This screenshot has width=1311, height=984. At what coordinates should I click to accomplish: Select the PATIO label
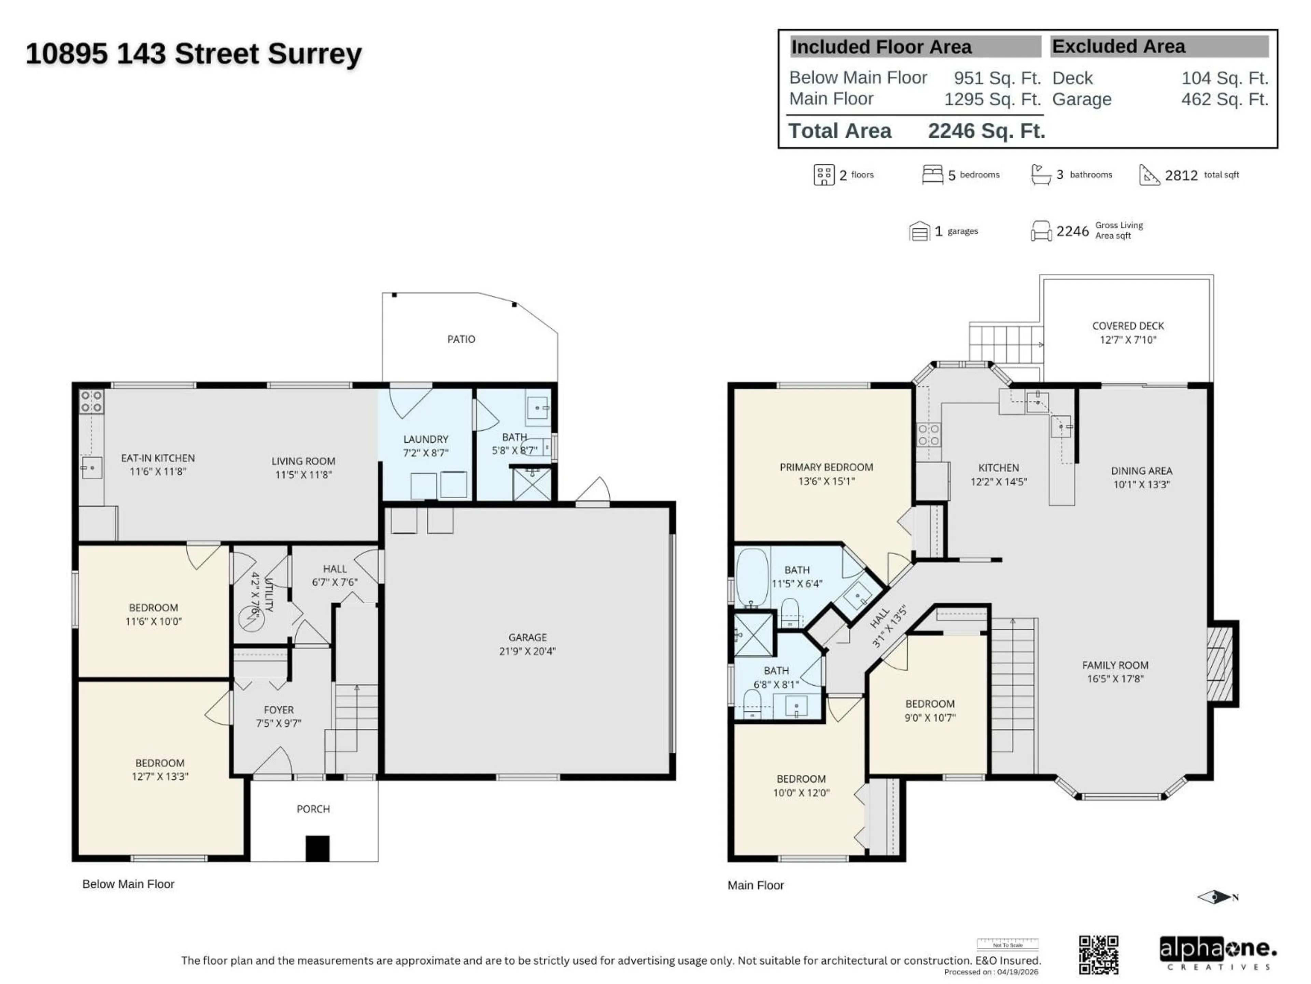click(x=461, y=339)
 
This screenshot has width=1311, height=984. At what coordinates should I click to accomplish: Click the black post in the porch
click(x=317, y=848)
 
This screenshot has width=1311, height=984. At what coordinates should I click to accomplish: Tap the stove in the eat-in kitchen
click(x=92, y=401)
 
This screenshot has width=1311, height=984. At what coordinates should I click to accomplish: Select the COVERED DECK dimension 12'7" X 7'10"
click(x=1128, y=340)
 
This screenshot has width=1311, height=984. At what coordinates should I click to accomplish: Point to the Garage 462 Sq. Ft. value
click(x=1225, y=99)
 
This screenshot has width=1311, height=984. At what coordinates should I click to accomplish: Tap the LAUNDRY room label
click(x=425, y=439)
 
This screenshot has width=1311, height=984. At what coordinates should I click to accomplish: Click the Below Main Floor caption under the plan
click(x=128, y=884)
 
